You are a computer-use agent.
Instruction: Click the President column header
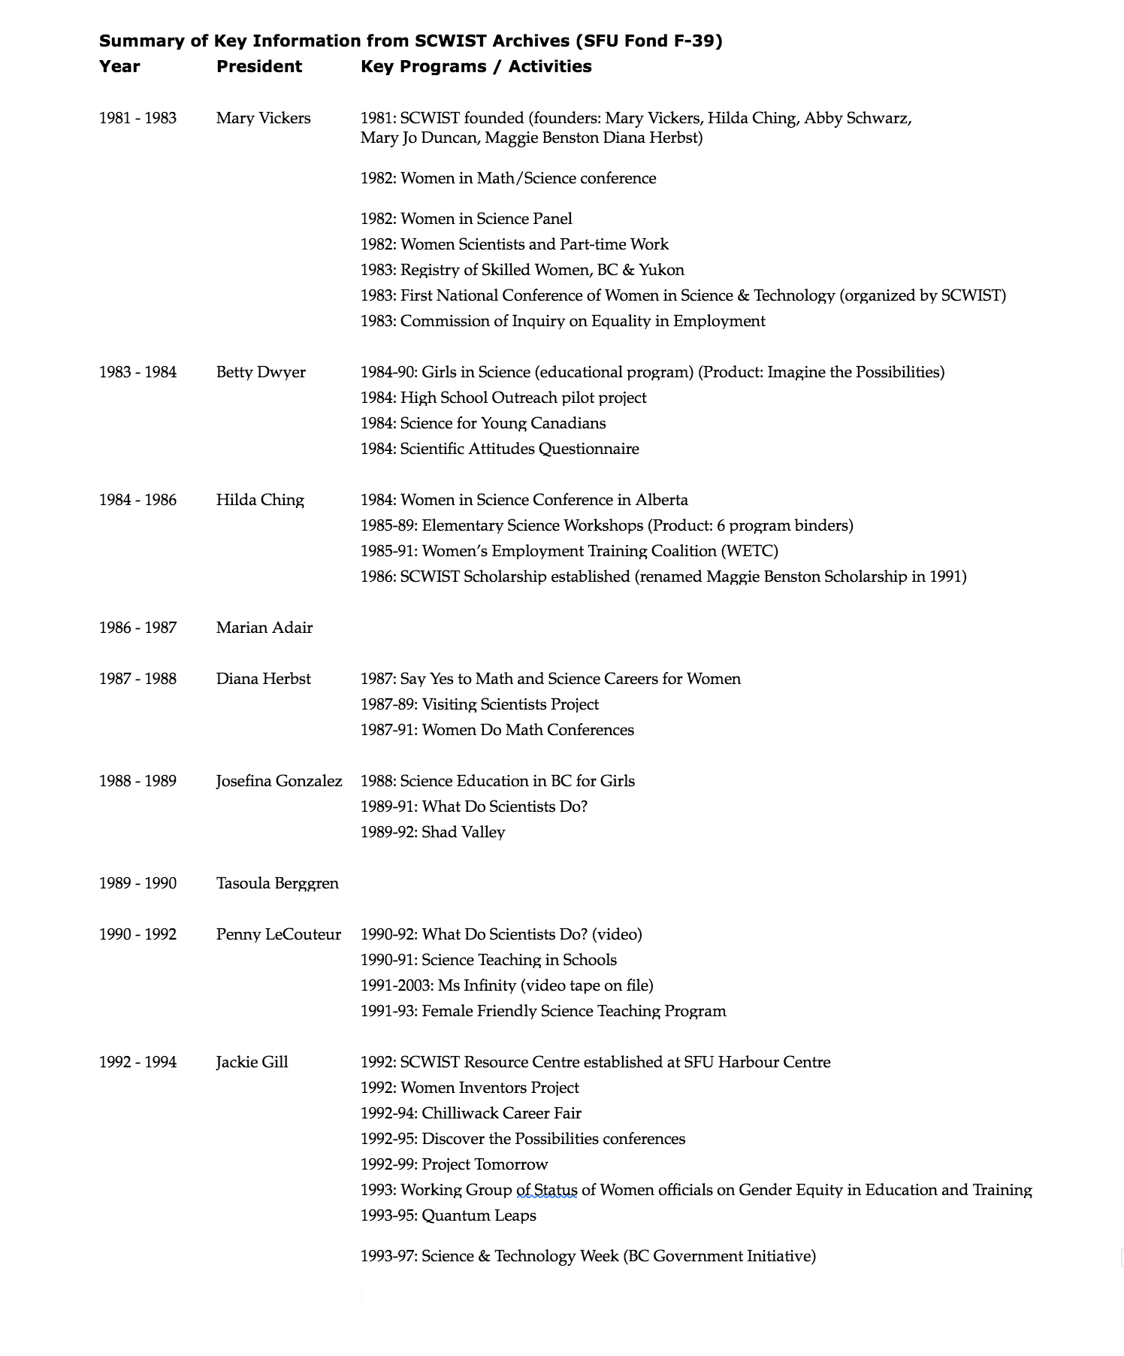(258, 67)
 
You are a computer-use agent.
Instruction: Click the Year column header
(119, 67)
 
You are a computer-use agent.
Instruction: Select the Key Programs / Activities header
(476, 67)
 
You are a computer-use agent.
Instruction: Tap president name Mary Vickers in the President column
(263, 118)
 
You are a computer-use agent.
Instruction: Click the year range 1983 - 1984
(137, 372)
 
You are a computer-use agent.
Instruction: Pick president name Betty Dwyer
(261, 372)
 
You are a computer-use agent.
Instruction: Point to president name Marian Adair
(264, 628)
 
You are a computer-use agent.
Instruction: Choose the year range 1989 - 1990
(137, 883)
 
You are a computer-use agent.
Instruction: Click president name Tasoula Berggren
(277, 883)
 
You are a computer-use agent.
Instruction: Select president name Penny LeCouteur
(278, 934)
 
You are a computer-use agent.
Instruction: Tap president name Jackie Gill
(252, 1062)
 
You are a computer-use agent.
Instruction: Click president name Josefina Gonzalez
(279, 781)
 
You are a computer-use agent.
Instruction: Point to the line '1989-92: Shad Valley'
(432, 832)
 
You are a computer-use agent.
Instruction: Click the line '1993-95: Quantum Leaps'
(448, 1215)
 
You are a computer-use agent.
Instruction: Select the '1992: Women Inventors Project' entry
(469, 1088)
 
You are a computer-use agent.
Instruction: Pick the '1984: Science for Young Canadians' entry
(482, 423)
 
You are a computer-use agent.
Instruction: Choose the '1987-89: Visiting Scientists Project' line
(479, 704)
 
